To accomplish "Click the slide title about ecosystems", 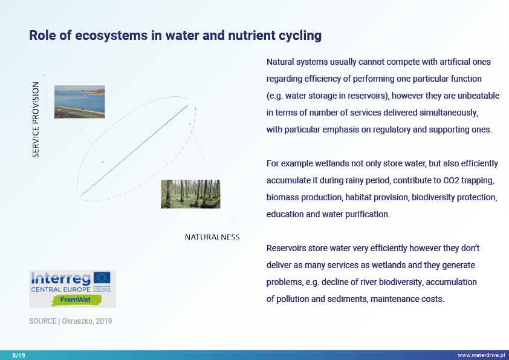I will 175,36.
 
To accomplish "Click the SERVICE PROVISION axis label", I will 36,120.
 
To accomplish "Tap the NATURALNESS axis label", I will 212,237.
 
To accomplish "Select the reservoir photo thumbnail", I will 79,102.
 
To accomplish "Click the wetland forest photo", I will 190,194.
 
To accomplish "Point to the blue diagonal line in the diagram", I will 134,151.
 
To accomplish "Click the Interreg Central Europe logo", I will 72,289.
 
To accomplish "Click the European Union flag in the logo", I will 102,278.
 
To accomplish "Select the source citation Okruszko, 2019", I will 70,321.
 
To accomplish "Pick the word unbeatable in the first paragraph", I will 477,96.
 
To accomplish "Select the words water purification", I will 355,214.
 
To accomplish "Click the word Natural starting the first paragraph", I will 281,62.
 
